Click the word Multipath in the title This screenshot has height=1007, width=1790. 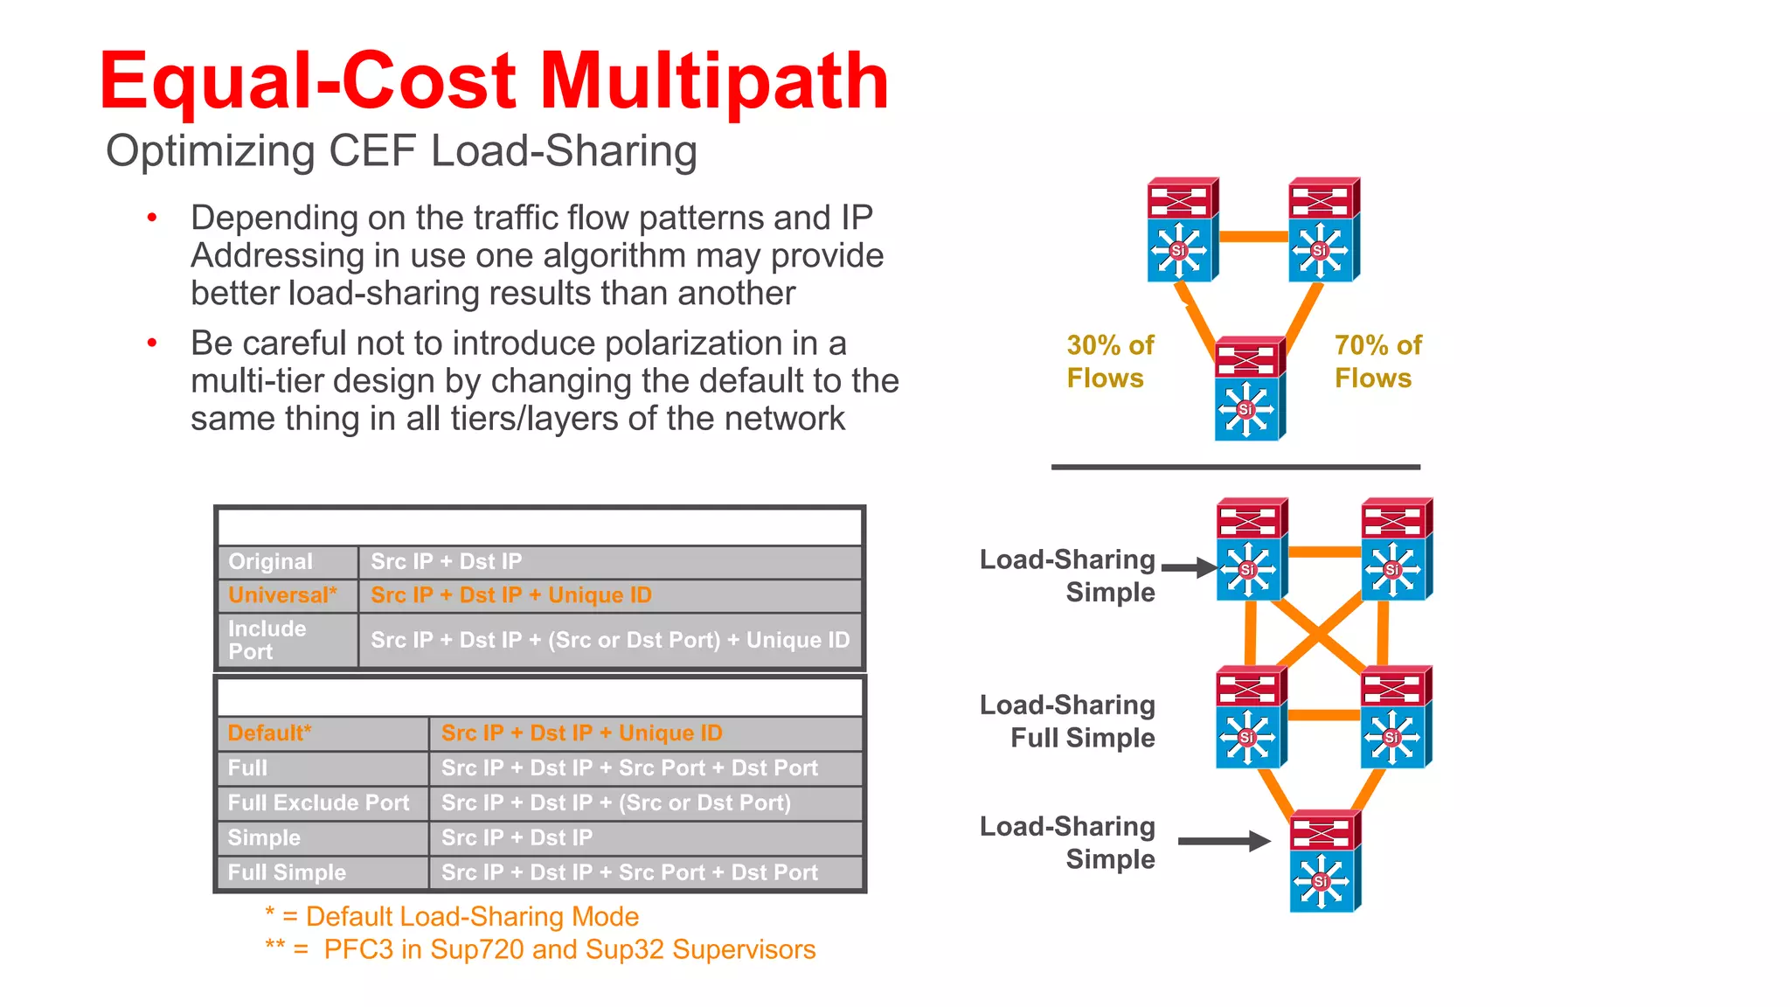714,81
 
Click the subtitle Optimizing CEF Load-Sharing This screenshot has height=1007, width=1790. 401,151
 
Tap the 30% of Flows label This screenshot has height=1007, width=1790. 1109,361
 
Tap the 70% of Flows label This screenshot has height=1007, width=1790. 1377,361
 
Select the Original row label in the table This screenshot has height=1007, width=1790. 270,562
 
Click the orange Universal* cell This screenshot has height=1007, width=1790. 282,595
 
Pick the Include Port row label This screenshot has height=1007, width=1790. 267,640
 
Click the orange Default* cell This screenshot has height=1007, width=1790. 270,733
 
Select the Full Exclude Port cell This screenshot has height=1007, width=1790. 318,803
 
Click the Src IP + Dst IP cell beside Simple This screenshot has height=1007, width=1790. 517,838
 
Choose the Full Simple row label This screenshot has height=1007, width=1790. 287,872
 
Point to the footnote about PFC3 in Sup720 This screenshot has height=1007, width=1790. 541,950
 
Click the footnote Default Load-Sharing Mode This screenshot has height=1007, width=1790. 453,917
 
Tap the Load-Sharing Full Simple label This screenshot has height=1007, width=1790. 1068,721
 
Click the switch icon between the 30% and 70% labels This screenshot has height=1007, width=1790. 1249,389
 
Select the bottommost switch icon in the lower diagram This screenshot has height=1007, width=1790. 1325,862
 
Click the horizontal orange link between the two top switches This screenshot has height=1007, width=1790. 1253,236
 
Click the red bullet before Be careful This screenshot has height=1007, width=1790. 152,344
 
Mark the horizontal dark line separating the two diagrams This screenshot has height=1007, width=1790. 1235,468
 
